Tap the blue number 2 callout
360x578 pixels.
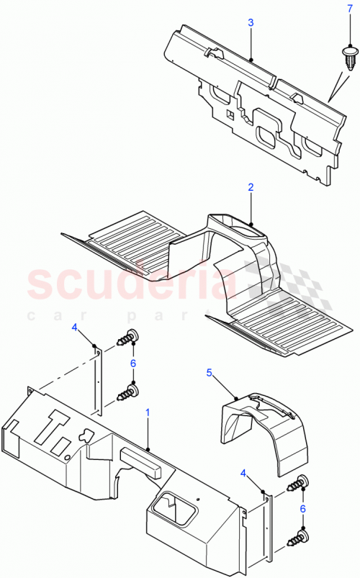tap(251, 187)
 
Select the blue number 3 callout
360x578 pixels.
tap(251, 23)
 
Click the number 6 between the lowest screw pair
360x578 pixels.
tap(302, 508)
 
